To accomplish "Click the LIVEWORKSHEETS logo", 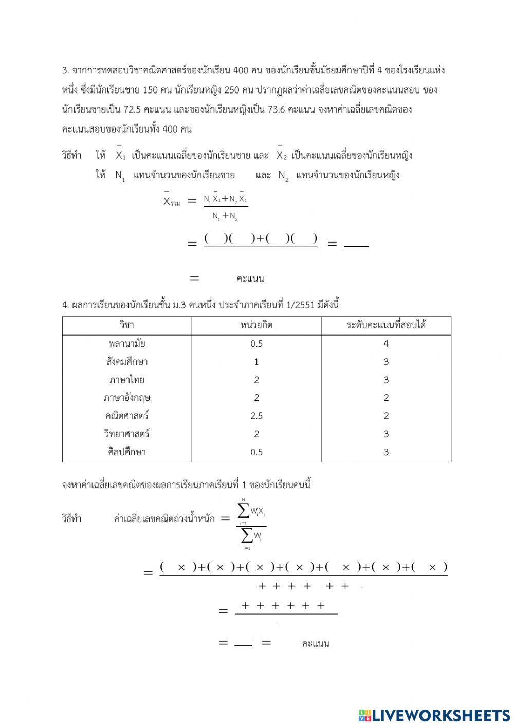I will tap(434, 715).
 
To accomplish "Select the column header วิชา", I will tap(126, 325).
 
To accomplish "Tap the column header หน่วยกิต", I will tap(256, 325).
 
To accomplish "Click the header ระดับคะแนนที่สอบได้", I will tap(386, 325).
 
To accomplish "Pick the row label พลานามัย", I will tap(126, 344).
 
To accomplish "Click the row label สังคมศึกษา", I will tap(126, 362).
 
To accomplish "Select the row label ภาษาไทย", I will tap(126, 380).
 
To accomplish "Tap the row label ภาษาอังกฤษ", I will tap(126, 398).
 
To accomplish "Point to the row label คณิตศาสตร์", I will tap(126, 416).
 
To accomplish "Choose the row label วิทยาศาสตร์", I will tap(126, 434).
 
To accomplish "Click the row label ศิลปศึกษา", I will tap(126, 452).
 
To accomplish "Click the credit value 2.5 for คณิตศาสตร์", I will tap(256, 416).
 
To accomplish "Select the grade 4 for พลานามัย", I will tap(386, 344).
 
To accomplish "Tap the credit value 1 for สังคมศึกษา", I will tap(256, 362).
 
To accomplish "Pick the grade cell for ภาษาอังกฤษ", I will tap(386, 398).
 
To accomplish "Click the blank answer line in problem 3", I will tap(356, 246).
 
